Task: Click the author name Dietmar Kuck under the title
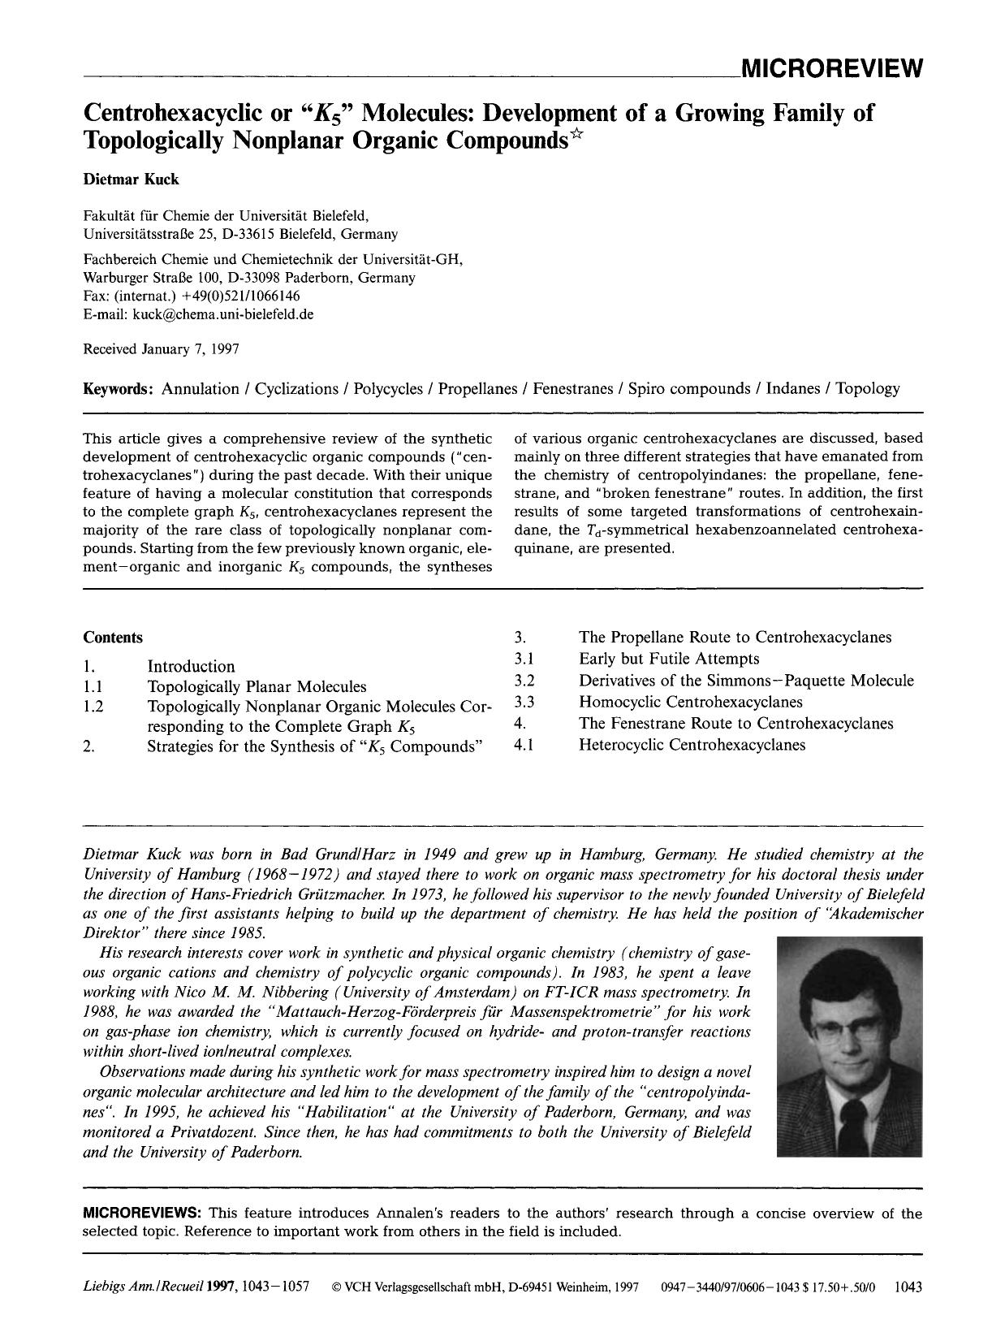coord(131,180)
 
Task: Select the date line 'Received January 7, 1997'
coord(161,349)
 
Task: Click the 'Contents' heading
coord(113,638)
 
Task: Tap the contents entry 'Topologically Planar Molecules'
coord(257,687)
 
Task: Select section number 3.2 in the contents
coord(524,681)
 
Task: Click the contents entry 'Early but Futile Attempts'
coord(669,659)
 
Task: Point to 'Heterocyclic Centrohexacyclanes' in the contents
coord(692,745)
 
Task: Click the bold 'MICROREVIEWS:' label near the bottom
coord(143,1213)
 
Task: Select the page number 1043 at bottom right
coord(908,1287)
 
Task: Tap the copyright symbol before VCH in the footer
coord(338,1287)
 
